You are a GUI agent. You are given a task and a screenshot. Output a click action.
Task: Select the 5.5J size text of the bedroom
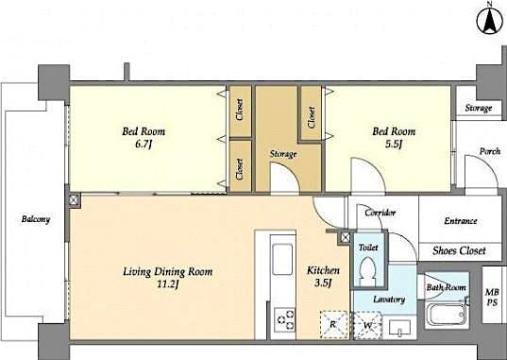tap(394, 145)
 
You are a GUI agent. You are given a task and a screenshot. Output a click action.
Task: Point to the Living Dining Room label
tap(167, 272)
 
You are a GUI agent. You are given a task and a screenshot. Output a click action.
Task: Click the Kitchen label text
tap(322, 271)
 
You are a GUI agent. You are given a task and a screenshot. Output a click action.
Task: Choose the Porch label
tap(489, 151)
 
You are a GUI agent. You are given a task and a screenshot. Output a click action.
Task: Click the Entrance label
tap(460, 221)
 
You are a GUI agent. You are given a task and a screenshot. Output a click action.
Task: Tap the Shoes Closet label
tap(459, 250)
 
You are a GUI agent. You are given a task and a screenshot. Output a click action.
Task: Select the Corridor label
tap(379, 213)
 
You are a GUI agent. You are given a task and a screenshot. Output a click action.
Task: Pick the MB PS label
tap(492, 296)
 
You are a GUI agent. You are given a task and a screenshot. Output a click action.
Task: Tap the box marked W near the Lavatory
tap(368, 326)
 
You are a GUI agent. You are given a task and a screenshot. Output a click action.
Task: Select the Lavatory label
tap(388, 300)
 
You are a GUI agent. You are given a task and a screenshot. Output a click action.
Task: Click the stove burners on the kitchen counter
tap(282, 322)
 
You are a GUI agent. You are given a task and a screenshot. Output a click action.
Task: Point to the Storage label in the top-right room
tap(478, 108)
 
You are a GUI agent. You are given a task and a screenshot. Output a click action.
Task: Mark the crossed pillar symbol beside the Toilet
tap(346, 237)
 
